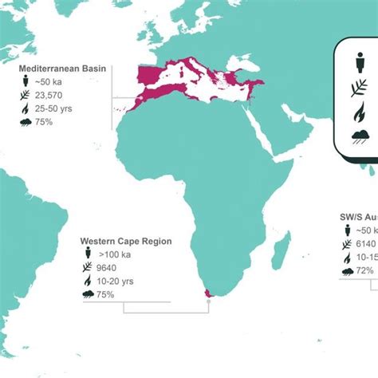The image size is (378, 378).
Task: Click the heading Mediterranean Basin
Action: click(65, 68)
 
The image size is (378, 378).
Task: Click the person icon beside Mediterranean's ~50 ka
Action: click(27, 81)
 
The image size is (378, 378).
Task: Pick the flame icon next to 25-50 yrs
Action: click(27, 108)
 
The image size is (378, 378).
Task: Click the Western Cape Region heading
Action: click(126, 241)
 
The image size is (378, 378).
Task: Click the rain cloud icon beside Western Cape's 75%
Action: click(86, 294)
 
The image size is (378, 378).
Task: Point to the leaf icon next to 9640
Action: click(86, 267)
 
